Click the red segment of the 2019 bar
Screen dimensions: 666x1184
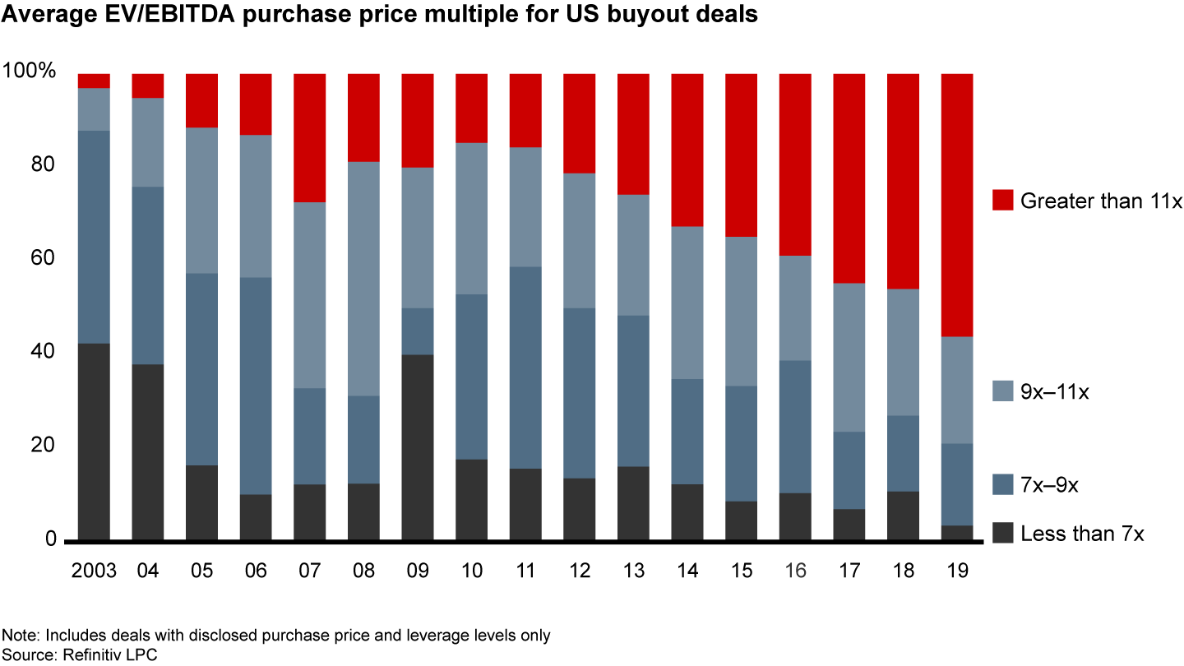point(956,205)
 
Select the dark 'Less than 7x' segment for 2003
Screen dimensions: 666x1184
point(94,442)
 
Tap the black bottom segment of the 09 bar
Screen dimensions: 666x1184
point(417,447)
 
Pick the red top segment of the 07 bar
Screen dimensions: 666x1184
point(310,137)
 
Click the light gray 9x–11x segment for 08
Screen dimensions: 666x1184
point(363,279)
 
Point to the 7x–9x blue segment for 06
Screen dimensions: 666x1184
point(256,386)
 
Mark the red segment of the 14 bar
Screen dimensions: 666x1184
point(687,150)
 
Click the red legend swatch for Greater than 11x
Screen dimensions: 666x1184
point(1002,200)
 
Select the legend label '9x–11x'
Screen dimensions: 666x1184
point(1055,392)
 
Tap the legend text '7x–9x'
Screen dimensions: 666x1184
point(1049,485)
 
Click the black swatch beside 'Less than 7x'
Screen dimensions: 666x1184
point(1002,533)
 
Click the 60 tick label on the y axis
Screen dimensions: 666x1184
point(40,258)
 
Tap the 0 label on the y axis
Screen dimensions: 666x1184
point(49,539)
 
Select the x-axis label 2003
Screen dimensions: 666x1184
point(93,571)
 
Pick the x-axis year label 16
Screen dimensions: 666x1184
point(795,571)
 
